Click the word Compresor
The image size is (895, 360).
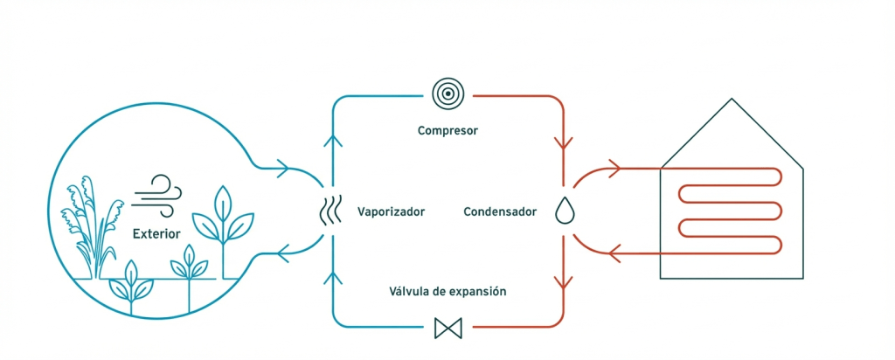447,131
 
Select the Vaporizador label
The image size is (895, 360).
391,211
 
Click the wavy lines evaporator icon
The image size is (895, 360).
330,211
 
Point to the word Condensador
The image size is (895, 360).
500,211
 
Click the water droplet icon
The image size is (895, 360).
562,211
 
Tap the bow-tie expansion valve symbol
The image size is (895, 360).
447,328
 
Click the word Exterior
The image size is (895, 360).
156,234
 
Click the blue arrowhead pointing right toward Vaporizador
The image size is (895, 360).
282,168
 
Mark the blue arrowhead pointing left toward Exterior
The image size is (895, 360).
282,254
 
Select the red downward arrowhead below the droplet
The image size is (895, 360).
562,281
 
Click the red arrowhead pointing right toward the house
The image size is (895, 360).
614,168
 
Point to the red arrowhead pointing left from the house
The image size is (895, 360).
614,254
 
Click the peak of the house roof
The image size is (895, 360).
732,100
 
